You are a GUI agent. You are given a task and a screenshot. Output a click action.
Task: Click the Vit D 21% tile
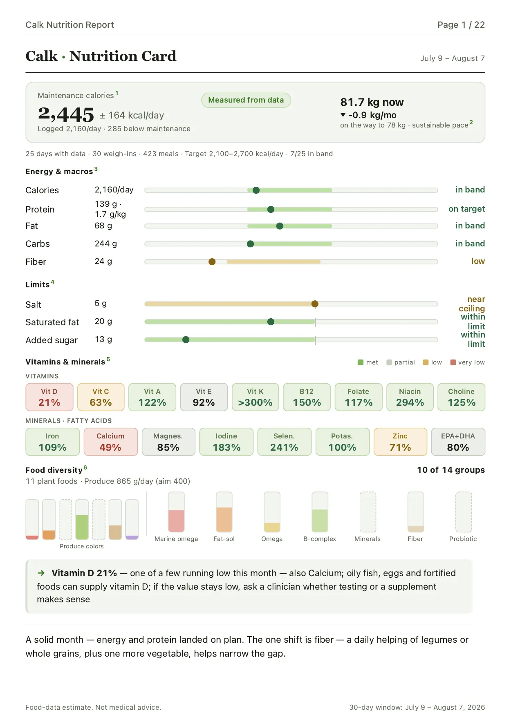(49, 397)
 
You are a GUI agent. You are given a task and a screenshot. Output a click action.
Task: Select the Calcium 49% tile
(110, 442)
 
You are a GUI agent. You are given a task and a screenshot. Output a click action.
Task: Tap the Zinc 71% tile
(400, 442)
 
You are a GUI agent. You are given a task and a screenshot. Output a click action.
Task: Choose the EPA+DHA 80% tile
(458, 442)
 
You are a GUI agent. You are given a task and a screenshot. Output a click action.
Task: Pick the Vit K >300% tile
(255, 397)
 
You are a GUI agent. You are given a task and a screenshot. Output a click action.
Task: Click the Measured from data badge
(246, 100)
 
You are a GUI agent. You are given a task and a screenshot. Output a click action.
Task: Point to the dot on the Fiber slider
(212, 262)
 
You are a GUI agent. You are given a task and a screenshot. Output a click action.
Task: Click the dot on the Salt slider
(315, 304)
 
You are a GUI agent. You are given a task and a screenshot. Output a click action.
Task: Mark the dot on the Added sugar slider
(186, 340)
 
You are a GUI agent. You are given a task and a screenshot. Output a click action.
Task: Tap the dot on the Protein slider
(271, 209)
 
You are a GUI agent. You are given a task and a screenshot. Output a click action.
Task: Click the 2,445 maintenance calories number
(66, 114)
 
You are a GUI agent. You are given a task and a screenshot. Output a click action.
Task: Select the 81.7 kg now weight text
(372, 102)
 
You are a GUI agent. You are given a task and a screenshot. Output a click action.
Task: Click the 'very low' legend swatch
(453, 362)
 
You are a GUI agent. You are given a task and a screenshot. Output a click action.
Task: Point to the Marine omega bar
(176, 512)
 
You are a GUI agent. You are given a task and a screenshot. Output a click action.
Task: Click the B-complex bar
(320, 512)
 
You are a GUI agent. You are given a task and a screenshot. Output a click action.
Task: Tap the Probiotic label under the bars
(463, 539)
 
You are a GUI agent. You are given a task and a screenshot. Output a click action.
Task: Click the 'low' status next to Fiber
(478, 261)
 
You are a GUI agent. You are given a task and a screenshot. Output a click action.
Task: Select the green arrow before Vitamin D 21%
(41, 573)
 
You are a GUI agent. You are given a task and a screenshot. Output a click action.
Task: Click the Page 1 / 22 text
(461, 25)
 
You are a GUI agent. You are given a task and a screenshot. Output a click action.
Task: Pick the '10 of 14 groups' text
(451, 470)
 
